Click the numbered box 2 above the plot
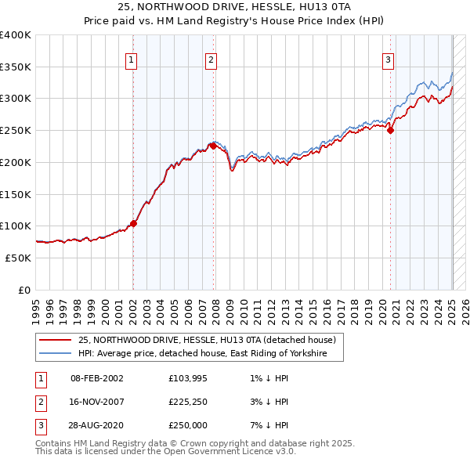pyautogui.click(x=211, y=59)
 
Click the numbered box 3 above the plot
pyautogui.click(x=388, y=59)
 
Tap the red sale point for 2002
pyautogui.click(x=133, y=223)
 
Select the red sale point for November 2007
pyautogui.click(x=213, y=146)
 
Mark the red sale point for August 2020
pyautogui.click(x=390, y=130)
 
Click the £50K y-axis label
pyautogui.click(x=18, y=257)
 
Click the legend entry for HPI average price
pyautogui.click(x=210, y=354)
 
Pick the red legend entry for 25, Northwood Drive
pyautogui.click(x=207, y=340)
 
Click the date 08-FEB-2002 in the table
pyautogui.click(x=97, y=378)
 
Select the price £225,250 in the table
pyautogui.click(x=187, y=402)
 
